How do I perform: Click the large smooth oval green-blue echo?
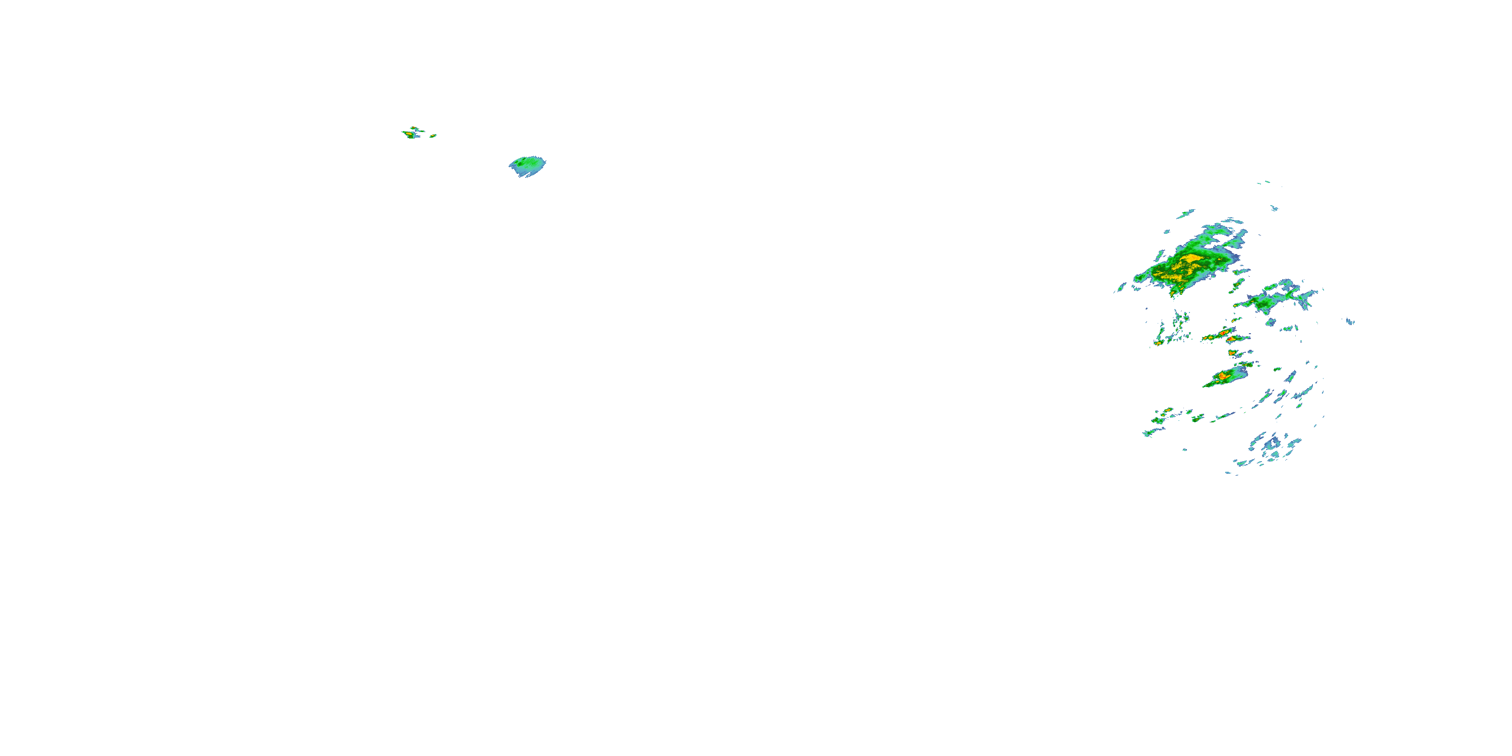[528, 167]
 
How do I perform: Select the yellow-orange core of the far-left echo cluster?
[409, 135]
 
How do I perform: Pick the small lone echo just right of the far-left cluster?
[433, 136]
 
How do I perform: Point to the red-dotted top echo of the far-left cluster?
[414, 128]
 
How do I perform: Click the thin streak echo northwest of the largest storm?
[1185, 214]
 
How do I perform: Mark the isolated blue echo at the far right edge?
[1350, 321]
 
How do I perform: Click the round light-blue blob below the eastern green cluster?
[1270, 322]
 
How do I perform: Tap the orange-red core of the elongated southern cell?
[1223, 375]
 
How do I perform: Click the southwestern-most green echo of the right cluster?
[1148, 433]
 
